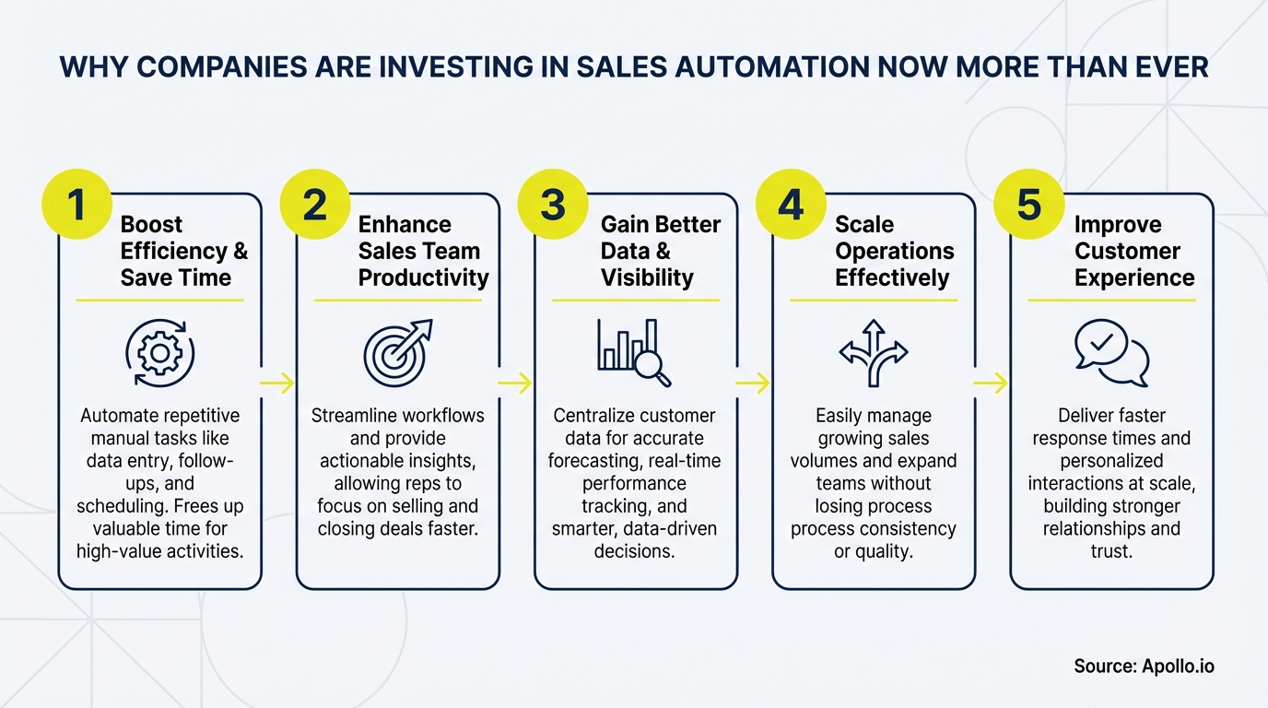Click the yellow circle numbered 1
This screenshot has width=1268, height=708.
click(x=76, y=205)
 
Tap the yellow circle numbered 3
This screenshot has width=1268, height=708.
click(x=553, y=205)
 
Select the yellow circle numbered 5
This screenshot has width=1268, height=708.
click(x=1029, y=205)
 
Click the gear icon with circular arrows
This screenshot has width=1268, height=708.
click(x=159, y=353)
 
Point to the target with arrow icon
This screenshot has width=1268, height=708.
click(x=397, y=353)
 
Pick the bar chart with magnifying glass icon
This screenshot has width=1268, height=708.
click(x=634, y=353)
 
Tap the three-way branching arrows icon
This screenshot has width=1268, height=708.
click(x=873, y=353)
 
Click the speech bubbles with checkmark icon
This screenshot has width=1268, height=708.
click(x=1111, y=353)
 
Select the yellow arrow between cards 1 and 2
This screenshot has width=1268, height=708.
click(x=277, y=383)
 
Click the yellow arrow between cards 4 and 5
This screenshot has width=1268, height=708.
click(x=991, y=383)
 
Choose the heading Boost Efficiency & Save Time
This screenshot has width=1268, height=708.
click(x=183, y=251)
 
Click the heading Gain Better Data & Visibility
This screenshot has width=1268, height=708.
click(x=660, y=251)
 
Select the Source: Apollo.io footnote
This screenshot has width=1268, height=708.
click(x=1144, y=666)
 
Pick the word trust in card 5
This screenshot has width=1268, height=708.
click(x=1110, y=551)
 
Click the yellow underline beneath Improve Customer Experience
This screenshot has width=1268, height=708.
click(x=1111, y=301)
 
